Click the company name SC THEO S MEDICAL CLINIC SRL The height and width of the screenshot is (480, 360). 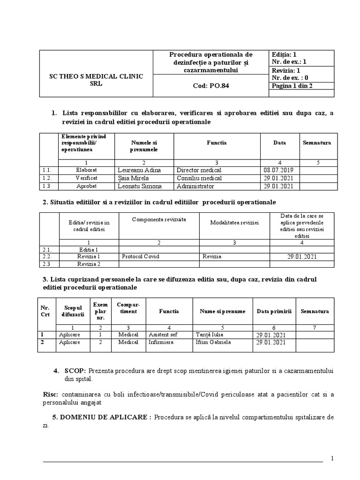tap(96, 80)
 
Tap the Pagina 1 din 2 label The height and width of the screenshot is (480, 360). tap(292, 86)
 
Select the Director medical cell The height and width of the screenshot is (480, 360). tap(199, 170)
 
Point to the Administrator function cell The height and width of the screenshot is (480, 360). tap(195, 186)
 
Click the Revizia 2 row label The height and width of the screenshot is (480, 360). tap(89, 264)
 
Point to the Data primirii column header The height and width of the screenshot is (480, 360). tap(274, 311)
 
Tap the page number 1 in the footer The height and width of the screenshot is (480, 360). tap(332, 458)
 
